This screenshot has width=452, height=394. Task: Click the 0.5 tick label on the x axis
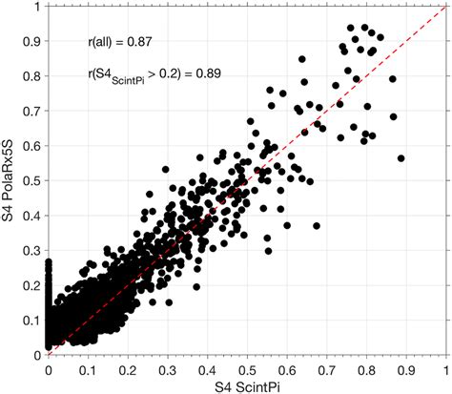247,366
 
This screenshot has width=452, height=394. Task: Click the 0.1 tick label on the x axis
88,366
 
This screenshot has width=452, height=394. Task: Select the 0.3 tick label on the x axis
168,366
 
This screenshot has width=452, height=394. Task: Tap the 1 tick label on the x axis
445,366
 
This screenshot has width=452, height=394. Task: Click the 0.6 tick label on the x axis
287,366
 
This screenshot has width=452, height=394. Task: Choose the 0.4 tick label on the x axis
207,366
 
